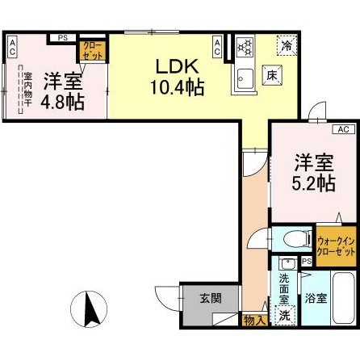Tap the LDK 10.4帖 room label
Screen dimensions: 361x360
172,73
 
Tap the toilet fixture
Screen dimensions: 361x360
290,238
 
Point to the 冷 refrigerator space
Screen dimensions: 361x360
287,46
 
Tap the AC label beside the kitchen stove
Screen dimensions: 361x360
218,47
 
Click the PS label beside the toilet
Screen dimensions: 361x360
306,262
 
